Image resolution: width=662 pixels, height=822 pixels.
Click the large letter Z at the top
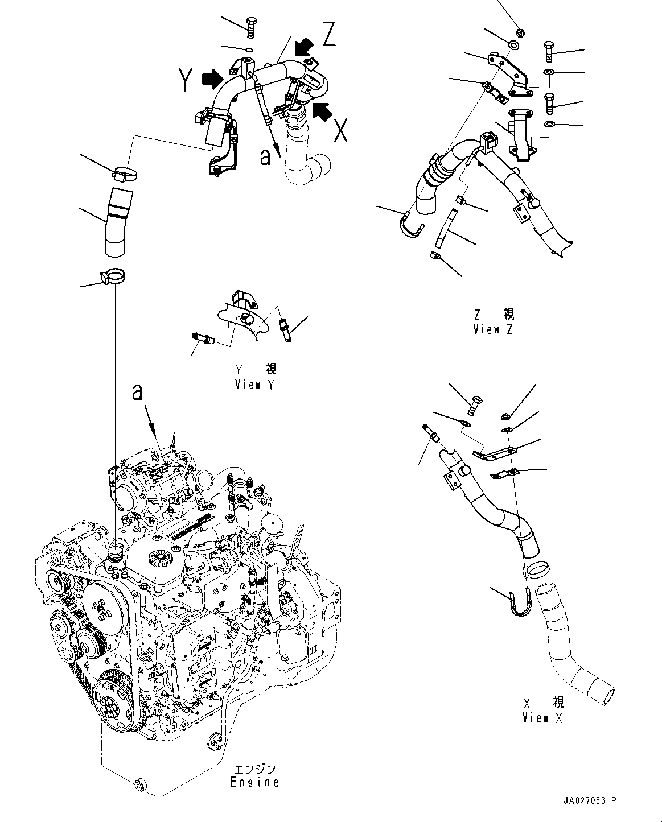pos(328,34)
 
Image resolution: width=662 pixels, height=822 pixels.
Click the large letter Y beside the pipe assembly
pos(186,80)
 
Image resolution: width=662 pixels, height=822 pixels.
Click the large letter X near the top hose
pos(340,130)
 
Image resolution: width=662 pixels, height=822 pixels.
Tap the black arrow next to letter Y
pos(212,79)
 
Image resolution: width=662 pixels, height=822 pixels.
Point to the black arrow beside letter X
pos(322,111)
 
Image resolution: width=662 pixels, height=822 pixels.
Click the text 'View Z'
pos(493,329)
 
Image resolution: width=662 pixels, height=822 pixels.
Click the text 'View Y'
pos(254,384)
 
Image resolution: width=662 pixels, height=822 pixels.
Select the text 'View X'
pos(542,718)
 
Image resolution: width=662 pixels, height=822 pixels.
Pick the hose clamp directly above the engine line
pos(113,276)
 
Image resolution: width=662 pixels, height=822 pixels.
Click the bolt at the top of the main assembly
pos(251,27)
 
